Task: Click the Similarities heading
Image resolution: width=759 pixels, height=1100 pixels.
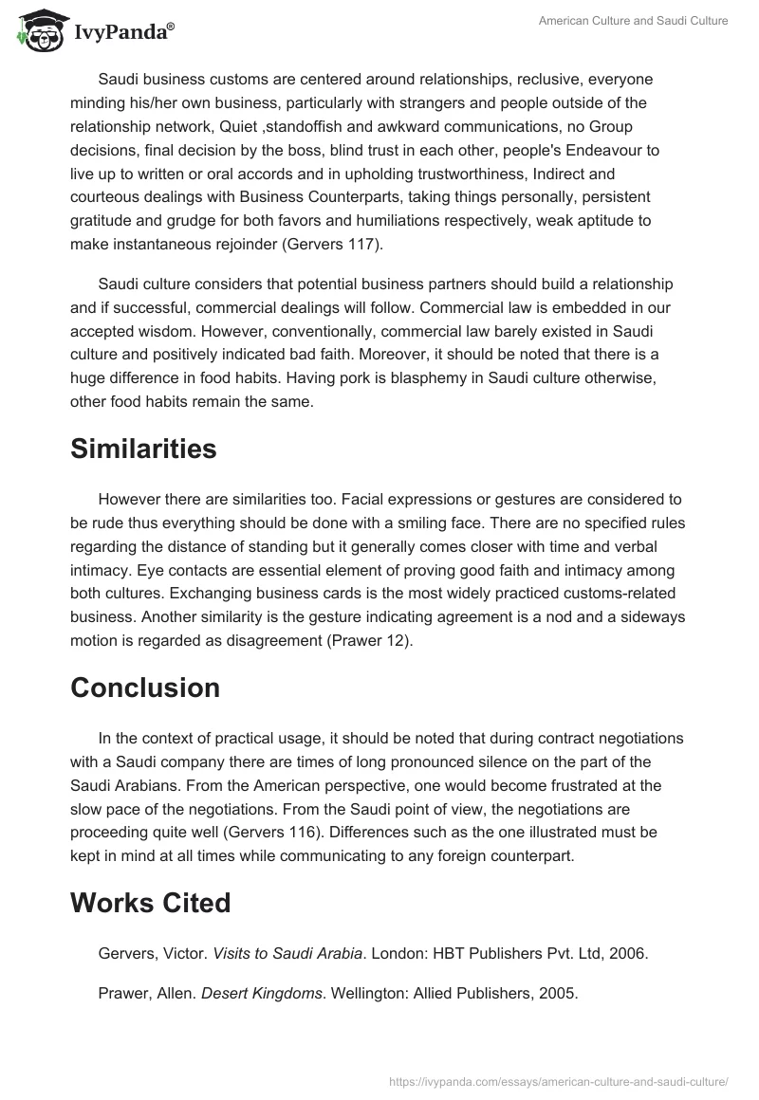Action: point(143,449)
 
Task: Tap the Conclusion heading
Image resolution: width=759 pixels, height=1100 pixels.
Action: point(144,687)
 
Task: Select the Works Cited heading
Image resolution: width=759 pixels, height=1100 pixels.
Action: point(150,903)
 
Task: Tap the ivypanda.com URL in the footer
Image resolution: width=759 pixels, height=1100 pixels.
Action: point(559,1080)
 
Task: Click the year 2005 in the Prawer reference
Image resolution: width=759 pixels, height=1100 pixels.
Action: point(559,994)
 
